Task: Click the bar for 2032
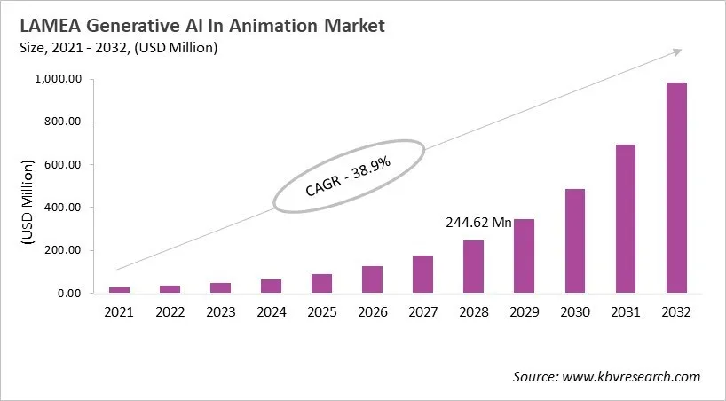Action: tap(676, 187)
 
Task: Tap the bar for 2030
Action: tap(575, 240)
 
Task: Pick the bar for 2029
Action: tap(525, 256)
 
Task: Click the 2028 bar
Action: tap(474, 266)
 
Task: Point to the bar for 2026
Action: tap(372, 279)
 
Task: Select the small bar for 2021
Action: tap(119, 290)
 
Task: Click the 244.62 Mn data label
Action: tap(477, 224)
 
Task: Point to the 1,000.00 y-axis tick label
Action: tap(59, 80)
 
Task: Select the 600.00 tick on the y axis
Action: tap(64, 165)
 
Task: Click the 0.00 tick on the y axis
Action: tap(69, 294)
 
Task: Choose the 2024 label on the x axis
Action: tap(271, 312)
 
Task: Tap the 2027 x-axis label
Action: tap(422, 312)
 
